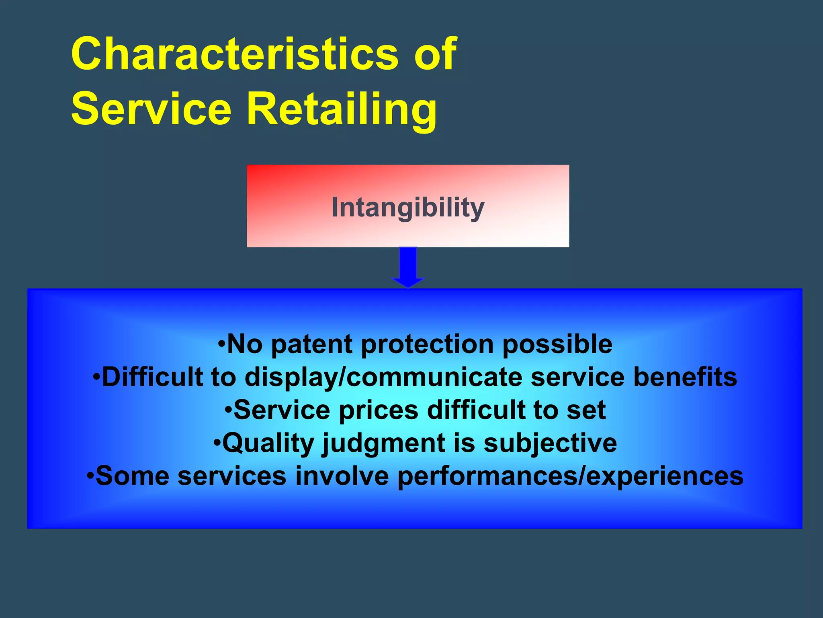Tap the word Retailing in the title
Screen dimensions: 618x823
(342, 109)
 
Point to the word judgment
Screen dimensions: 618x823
(383, 443)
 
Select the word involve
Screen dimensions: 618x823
(342, 476)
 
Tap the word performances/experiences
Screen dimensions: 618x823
(570, 476)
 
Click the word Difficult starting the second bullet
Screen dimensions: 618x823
(152, 377)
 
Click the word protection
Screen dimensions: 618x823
(427, 344)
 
